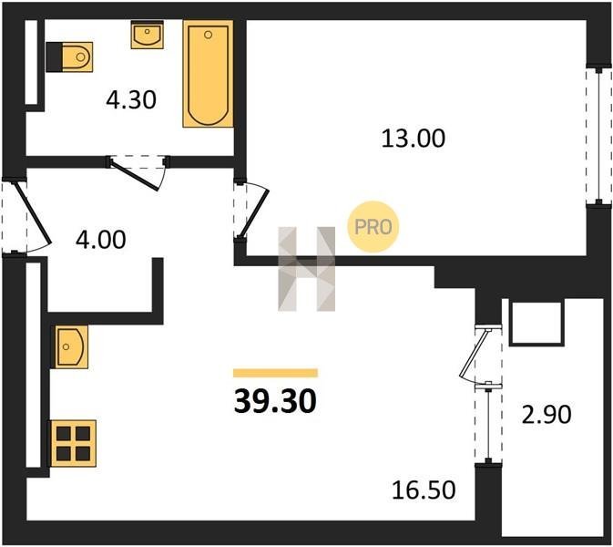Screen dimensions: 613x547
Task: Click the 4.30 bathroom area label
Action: click(x=131, y=99)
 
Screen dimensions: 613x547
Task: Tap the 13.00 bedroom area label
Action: click(x=414, y=139)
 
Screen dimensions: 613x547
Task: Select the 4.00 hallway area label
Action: click(x=101, y=240)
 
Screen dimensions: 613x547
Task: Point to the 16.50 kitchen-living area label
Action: click(x=424, y=490)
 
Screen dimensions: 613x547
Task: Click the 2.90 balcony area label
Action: click(x=547, y=415)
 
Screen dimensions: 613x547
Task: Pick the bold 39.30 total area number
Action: click(x=275, y=402)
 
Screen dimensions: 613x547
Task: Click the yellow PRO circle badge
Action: click(x=373, y=226)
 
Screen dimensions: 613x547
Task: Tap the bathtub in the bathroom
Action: click(x=208, y=74)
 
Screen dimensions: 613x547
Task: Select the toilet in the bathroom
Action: click(x=69, y=57)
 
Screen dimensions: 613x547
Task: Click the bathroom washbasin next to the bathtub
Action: click(x=147, y=35)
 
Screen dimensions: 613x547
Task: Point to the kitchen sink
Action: click(x=70, y=347)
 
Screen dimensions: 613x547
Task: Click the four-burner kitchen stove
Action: click(x=73, y=443)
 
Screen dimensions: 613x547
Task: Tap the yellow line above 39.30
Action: click(x=275, y=373)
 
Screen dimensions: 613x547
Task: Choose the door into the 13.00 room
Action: click(x=254, y=209)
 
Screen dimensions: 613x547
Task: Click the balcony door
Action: click(x=475, y=356)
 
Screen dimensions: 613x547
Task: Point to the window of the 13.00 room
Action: click(x=599, y=136)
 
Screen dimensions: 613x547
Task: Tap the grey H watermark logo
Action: click(x=306, y=269)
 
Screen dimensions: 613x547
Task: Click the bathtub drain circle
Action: click(x=208, y=35)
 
